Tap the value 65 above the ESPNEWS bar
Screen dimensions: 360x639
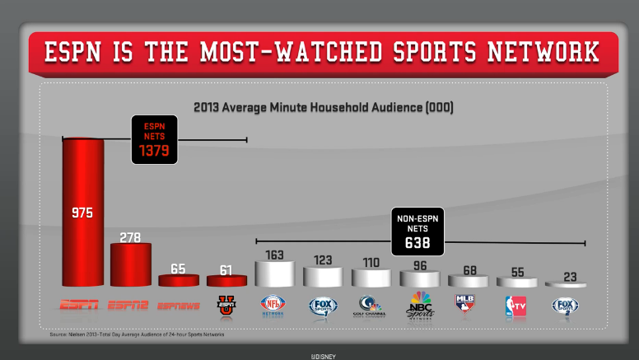tap(178, 269)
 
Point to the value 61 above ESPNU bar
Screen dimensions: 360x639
tap(226, 269)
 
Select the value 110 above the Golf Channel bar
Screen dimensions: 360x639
tap(371, 263)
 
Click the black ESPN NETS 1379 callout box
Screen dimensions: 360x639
tap(155, 138)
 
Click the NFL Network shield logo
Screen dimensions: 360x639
tap(273, 305)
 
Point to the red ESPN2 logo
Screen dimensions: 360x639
tap(130, 306)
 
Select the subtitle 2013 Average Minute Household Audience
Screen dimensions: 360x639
tap(323, 107)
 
